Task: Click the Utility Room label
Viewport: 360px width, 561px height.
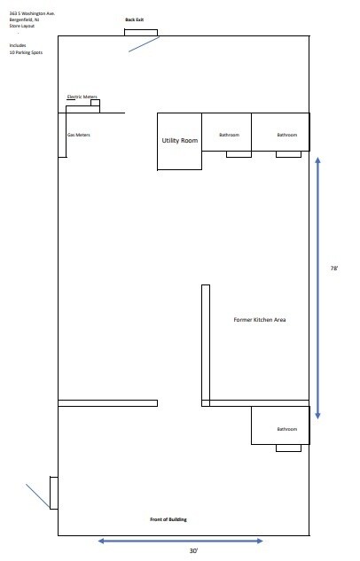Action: [180, 141]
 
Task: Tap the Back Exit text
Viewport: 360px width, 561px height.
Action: [134, 19]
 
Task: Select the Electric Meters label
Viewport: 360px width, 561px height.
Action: [82, 97]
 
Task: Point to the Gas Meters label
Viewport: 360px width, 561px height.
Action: [79, 135]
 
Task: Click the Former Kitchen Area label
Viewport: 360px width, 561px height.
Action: [260, 320]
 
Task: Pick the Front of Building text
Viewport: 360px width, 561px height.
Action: [168, 519]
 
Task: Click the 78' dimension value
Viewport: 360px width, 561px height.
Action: [334, 268]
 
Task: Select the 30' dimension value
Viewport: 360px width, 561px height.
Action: [193, 551]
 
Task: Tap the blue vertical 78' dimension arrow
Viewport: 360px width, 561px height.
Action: [317, 288]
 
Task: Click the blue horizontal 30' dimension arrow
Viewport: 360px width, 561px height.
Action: [181, 541]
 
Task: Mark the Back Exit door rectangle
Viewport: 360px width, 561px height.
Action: [141, 33]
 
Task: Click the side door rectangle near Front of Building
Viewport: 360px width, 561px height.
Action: [54, 493]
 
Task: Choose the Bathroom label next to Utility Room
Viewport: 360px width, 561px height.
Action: [229, 135]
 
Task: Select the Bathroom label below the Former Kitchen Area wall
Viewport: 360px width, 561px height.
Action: [287, 429]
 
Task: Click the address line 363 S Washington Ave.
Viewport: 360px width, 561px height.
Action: [32, 13]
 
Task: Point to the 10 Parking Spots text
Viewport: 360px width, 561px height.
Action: [26, 52]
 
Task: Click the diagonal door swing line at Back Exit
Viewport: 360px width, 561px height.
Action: [144, 44]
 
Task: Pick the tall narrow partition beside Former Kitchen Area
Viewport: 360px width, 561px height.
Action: [206, 346]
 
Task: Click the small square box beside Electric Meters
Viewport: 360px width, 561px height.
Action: [95, 103]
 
